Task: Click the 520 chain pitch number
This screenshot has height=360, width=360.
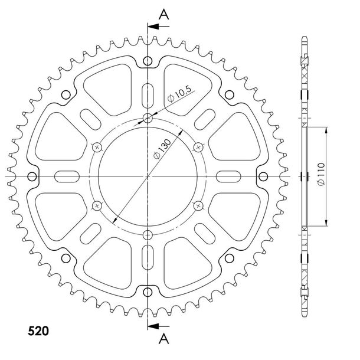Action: coord(38,331)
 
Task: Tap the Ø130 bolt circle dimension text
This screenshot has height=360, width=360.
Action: coord(162,149)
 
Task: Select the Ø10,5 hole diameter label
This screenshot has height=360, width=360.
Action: coord(179,94)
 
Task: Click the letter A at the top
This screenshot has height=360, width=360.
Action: coord(164,14)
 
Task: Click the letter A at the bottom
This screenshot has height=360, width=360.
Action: coord(164,339)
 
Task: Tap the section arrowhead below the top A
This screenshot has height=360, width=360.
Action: coord(153,27)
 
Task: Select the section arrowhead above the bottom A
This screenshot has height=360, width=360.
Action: coord(153,326)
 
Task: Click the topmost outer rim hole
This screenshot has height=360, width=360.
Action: coord(148,61)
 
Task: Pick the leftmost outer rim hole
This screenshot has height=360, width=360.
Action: coord(32,176)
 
